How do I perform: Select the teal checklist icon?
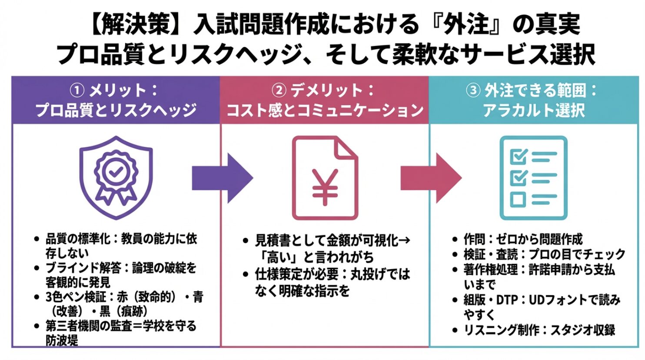click(533, 177)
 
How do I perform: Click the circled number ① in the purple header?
click(76, 90)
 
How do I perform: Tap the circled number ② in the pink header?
click(279, 90)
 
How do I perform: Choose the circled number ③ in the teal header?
click(473, 90)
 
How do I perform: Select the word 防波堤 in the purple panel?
click(62, 340)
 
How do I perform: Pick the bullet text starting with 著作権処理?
click(539, 277)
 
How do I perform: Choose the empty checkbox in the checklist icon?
click(518, 200)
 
